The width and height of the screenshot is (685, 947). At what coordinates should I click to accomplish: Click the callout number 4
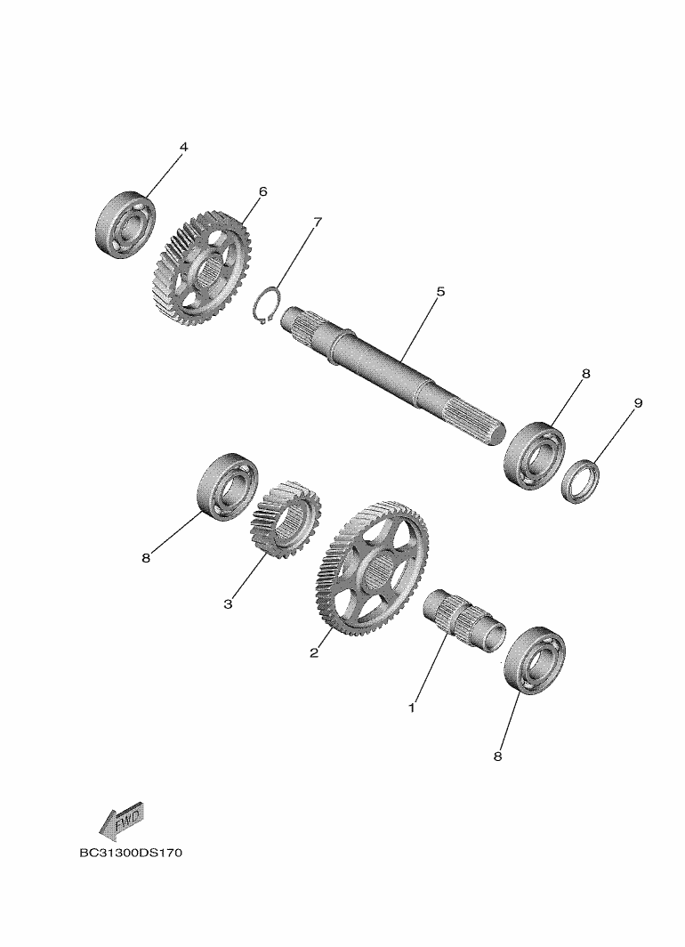click(x=183, y=148)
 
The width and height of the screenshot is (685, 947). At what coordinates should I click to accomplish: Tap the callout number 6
click(x=262, y=191)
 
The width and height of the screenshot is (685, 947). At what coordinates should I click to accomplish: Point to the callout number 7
click(x=318, y=222)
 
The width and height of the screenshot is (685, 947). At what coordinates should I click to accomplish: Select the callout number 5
click(x=440, y=292)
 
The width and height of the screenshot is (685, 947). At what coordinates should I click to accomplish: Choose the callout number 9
click(x=638, y=403)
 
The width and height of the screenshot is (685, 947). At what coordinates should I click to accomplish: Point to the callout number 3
click(x=228, y=604)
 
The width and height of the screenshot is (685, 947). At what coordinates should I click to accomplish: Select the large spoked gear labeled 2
click(x=372, y=568)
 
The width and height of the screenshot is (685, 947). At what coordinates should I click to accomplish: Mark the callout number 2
click(x=314, y=653)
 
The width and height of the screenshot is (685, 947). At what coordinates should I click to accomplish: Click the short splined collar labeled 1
click(x=464, y=619)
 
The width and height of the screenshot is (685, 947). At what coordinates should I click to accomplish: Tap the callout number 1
click(x=412, y=708)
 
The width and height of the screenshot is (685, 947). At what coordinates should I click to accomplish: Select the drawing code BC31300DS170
click(x=131, y=854)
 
